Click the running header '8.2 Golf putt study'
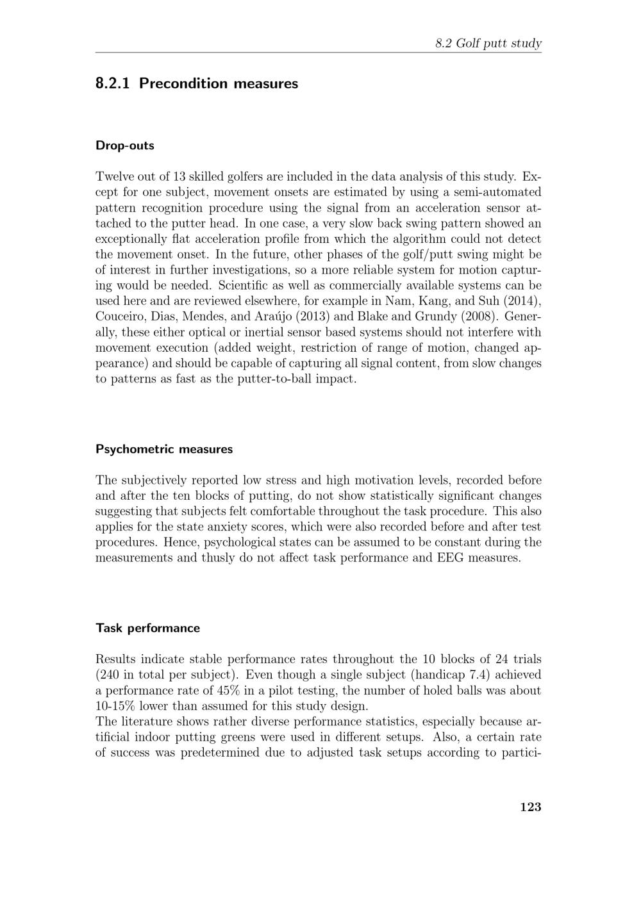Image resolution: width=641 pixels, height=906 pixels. (488, 44)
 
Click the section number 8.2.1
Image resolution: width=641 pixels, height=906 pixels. (113, 83)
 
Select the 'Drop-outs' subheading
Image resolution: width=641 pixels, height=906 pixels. (125, 145)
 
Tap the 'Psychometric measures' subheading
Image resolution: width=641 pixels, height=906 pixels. (164, 449)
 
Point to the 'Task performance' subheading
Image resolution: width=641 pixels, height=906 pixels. (147, 628)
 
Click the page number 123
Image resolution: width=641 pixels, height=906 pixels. (531, 807)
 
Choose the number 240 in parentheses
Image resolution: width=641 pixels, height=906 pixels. (108, 675)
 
